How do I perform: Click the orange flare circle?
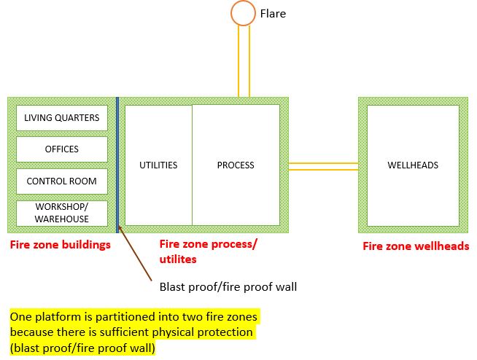(x=244, y=13)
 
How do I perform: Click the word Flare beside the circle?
(x=274, y=13)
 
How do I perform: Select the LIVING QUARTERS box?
(x=62, y=117)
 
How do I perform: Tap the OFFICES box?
(x=62, y=149)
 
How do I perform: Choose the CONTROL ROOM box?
(x=62, y=181)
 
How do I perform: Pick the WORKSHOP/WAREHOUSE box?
(x=62, y=213)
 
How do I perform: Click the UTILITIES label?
(x=158, y=165)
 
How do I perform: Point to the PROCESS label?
(x=236, y=165)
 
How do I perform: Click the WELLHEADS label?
(x=413, y=165)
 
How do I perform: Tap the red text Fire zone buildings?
(x=61, y=245)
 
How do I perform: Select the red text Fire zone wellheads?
(x=416, y=246)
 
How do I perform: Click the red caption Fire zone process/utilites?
(x=208, y=251)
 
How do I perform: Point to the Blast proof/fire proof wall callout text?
(x=228, y=286)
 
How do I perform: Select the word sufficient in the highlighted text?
(x=148, y=332)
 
